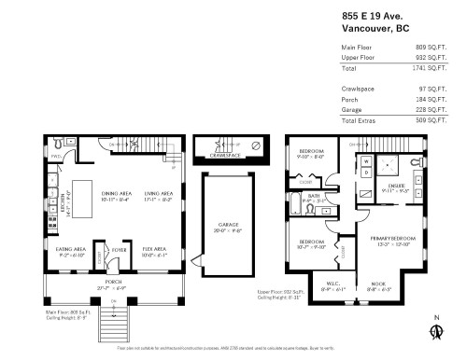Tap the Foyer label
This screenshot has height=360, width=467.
[x=119, y=250]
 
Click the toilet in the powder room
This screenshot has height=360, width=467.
[x=58, y=145]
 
